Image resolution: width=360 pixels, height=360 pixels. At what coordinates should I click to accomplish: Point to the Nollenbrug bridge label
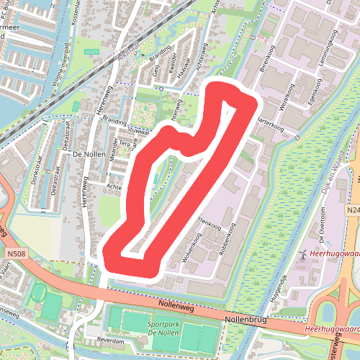(246, 318)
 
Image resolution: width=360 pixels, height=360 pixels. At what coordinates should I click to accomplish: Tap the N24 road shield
(352, 210)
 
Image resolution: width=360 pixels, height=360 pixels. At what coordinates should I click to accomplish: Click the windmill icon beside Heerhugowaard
(304, 256)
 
